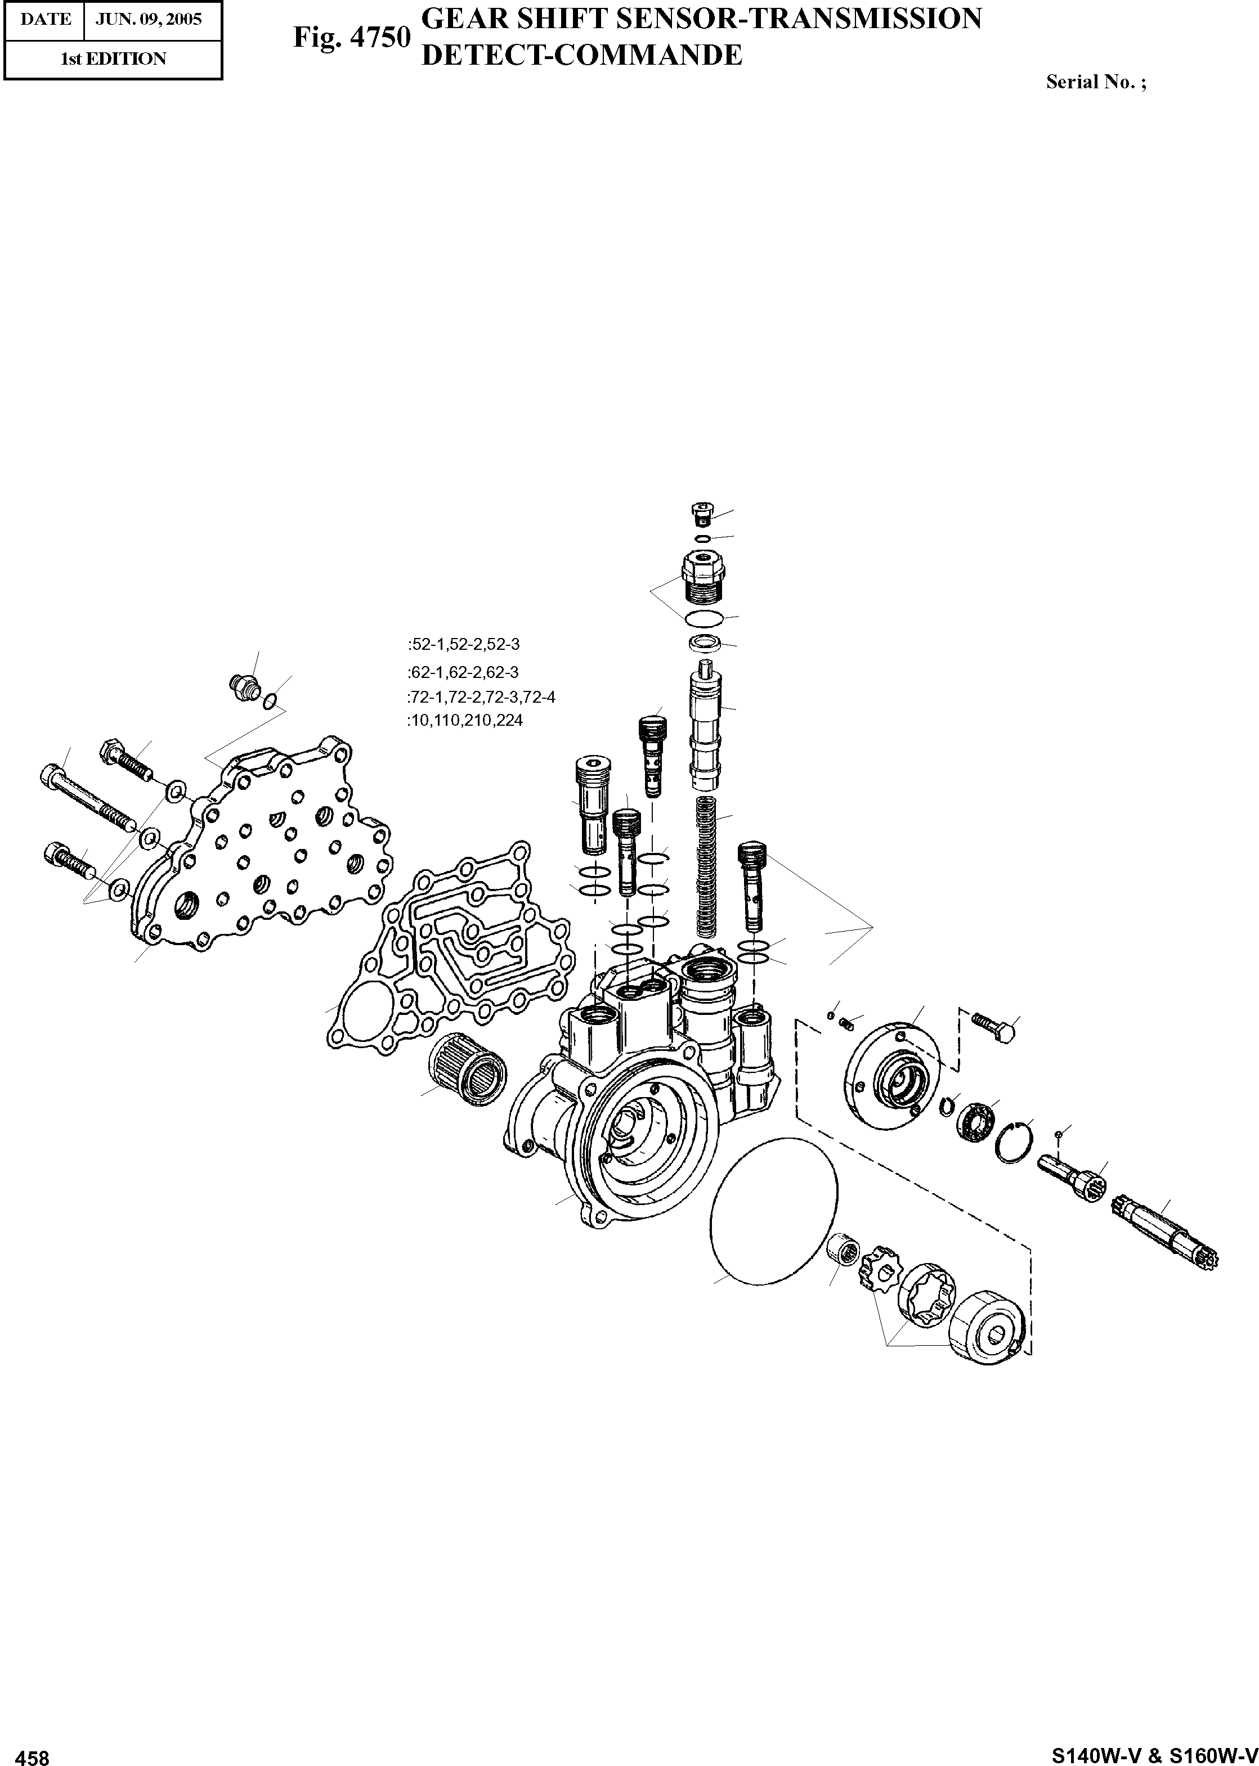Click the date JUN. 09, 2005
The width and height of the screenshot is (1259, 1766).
click(148, 19)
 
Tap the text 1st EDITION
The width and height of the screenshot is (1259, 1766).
click(113, 59)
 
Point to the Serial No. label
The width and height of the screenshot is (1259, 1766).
click(1095, 82)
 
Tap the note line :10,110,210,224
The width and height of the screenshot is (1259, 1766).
click(464, 721)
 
